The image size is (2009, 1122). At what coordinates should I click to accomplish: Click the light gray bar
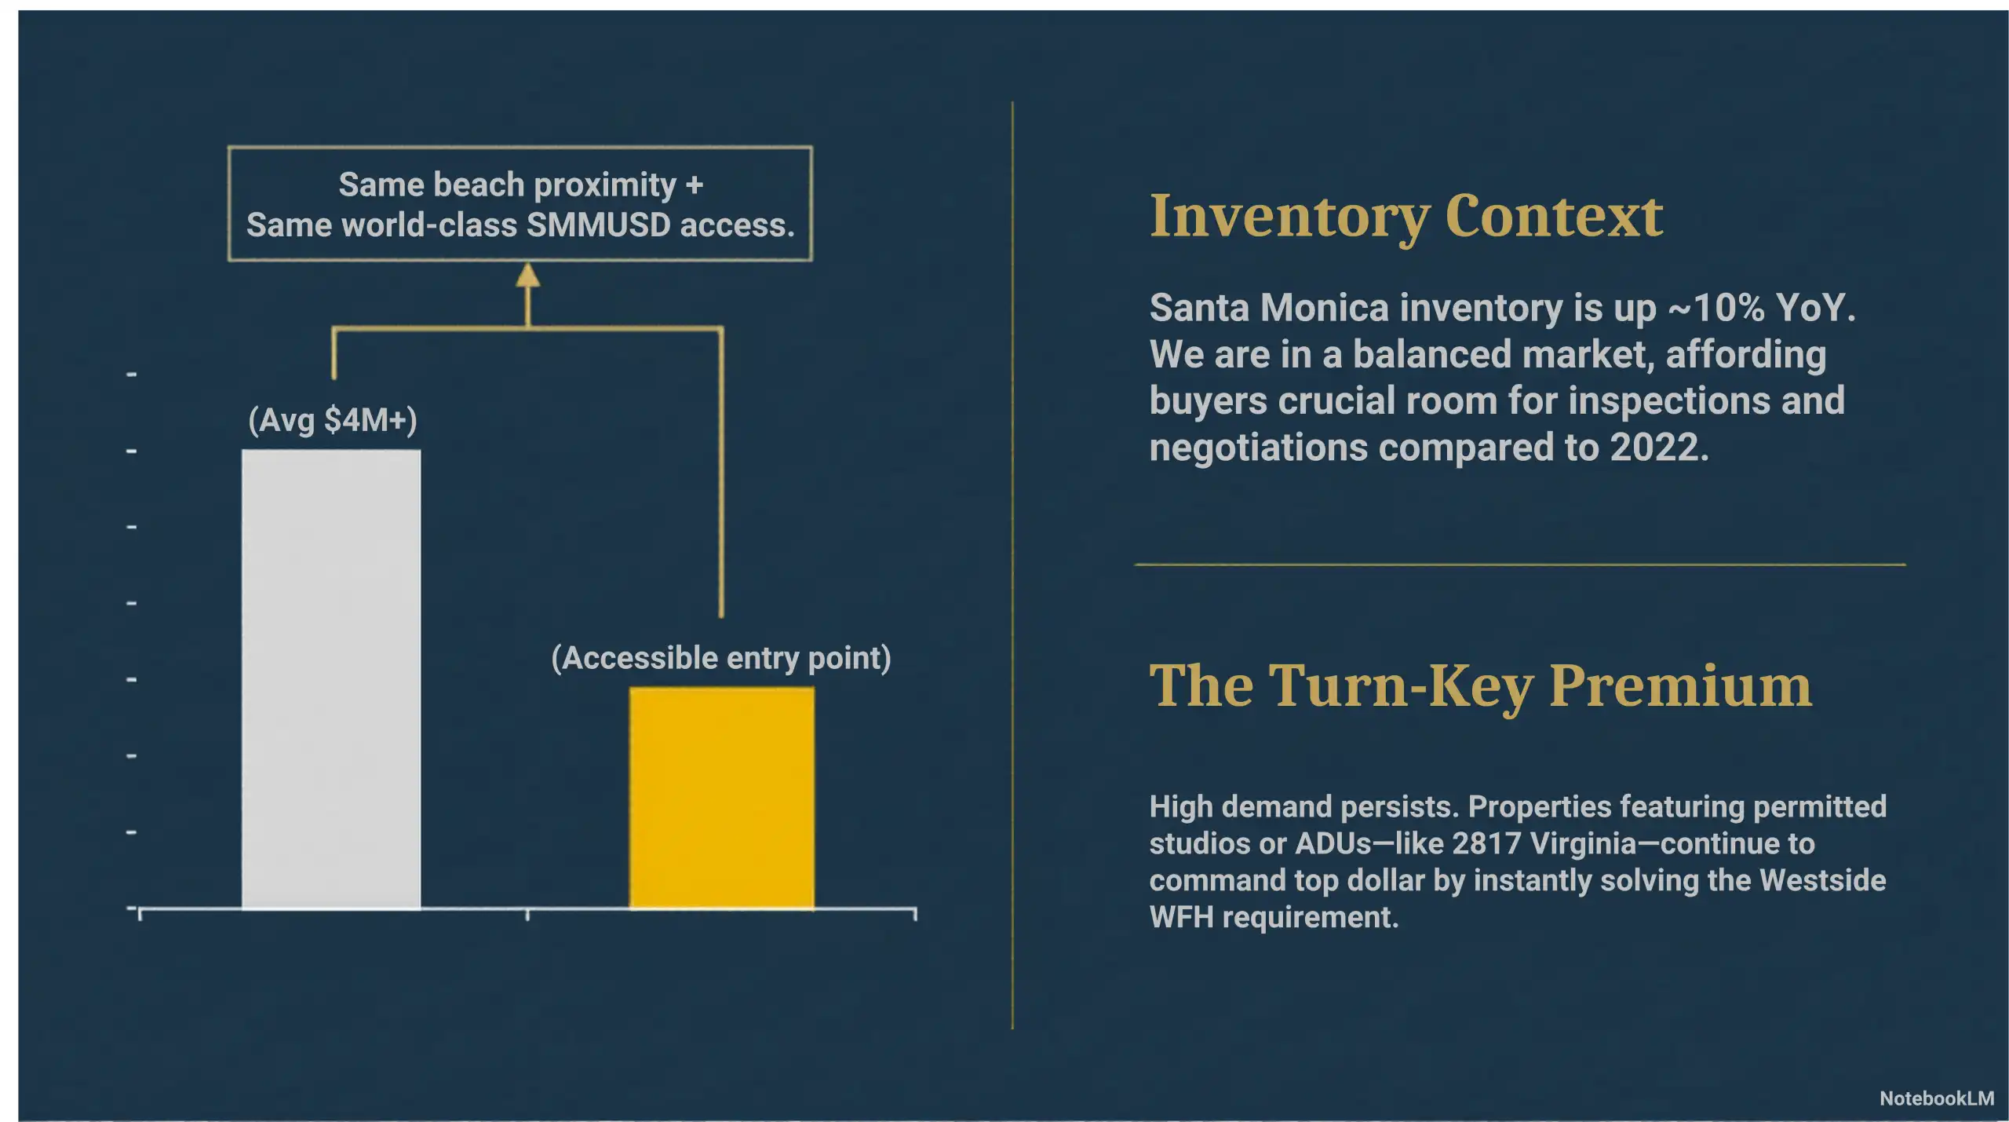click(x=330, y=679)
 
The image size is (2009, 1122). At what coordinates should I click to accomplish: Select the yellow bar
click(x=721, y=798)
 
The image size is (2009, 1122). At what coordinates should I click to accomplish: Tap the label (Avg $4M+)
click(x=333, y=420)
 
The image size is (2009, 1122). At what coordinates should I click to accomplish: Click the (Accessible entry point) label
click(x=721, y=658)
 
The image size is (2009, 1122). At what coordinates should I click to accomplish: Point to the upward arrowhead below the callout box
click(x=527, y=275)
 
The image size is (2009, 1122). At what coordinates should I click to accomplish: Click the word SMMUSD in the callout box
click(x=598, y=225)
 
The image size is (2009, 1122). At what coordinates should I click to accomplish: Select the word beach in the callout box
click(x=478, y=185)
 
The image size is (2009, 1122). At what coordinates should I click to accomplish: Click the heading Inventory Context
click(x=1406, y=216)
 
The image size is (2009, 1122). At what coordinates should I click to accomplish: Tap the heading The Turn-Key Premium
click(x=1480, y=685)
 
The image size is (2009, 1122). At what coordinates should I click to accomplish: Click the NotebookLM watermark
click(x=1936, y=1098)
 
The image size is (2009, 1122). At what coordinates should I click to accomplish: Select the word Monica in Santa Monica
click(x=1325, y=308)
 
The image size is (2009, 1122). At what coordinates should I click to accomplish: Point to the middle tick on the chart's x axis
click(x=527, y=913)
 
